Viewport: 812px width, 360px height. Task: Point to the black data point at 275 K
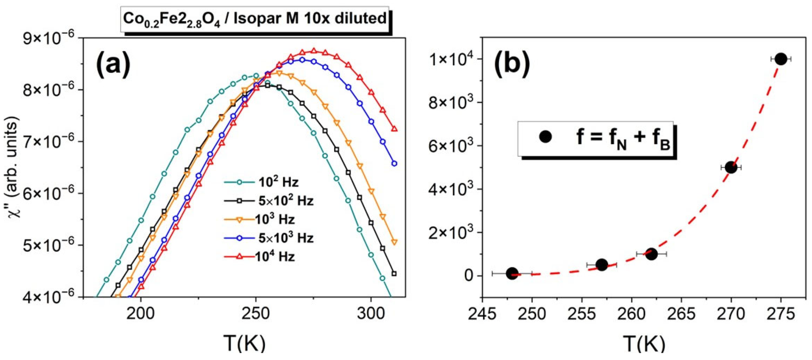[781, 59]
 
